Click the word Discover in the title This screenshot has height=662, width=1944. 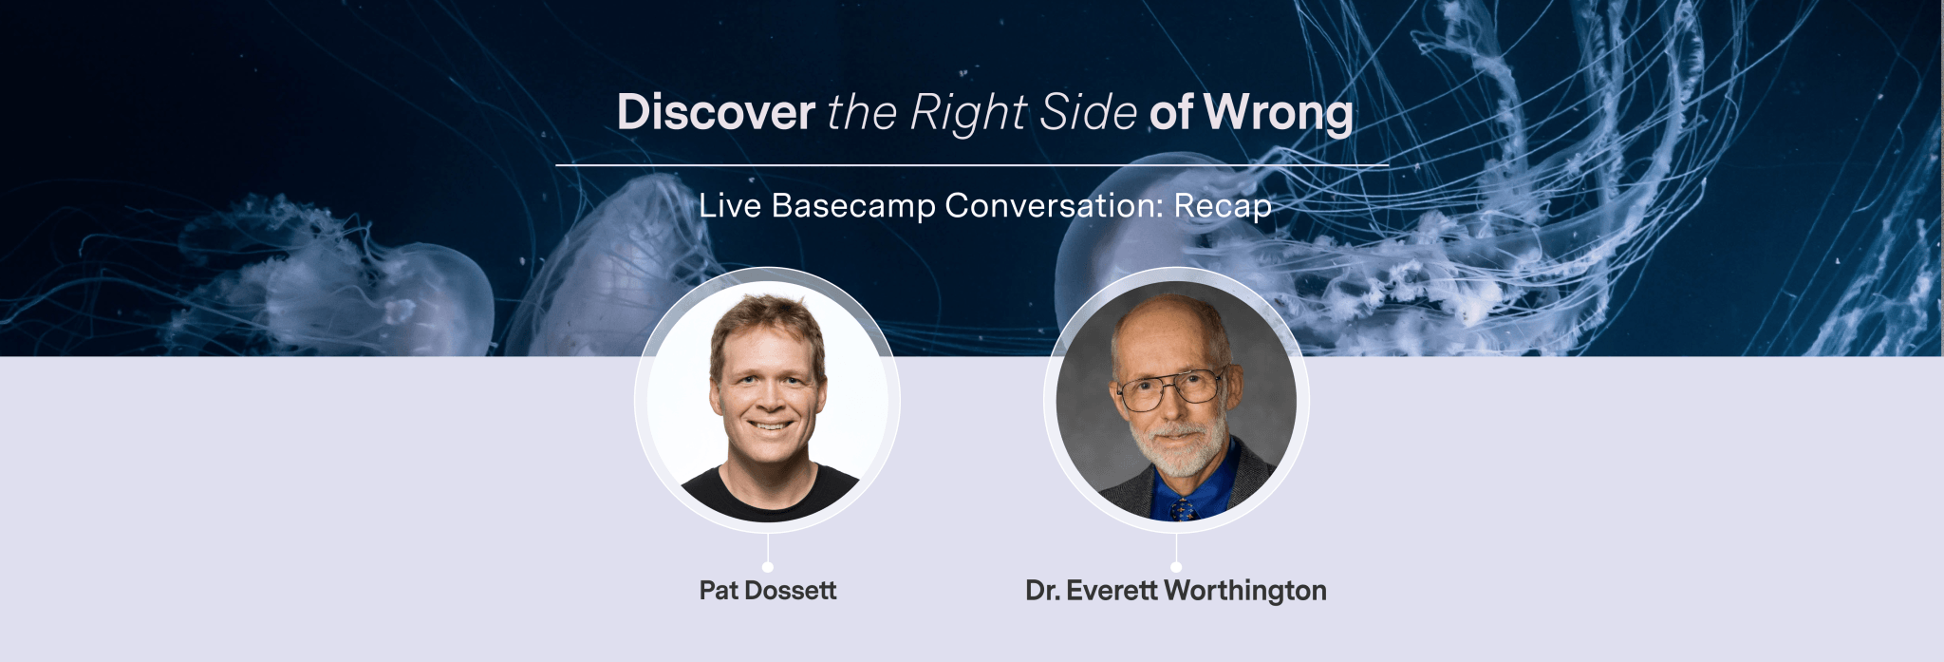[x=716, y=112]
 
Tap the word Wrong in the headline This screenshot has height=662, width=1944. [x=1279, y=112]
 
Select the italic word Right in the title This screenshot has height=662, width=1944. [x=967, y=112]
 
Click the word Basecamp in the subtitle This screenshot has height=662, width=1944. [x=853, y=205]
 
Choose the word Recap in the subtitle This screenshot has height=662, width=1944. [x=1222, y=205]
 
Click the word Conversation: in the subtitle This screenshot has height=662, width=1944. [x=1054, y=205]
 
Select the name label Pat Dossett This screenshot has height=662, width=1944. [x=767, y=591]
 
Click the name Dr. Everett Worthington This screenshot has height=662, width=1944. [x=1175, y=591]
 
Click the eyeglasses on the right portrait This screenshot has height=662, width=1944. [x=1170, y=388]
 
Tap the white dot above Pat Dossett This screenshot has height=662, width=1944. [x=767, y=567]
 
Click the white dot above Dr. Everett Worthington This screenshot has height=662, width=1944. [x=1176, y=567]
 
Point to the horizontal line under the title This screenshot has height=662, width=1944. [x=971, y=165]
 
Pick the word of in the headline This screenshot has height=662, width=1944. [x=1170, y=112]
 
